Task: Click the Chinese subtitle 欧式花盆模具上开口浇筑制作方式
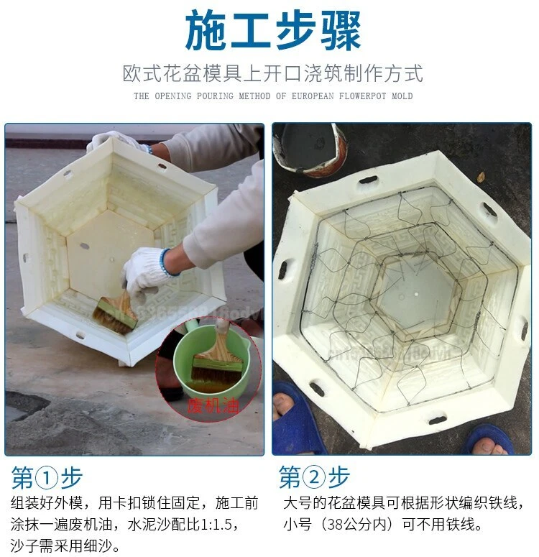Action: pyautogui.click(x=272, y=73)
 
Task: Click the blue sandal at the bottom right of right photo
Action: pyautogui.click(x=489, y=438)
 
